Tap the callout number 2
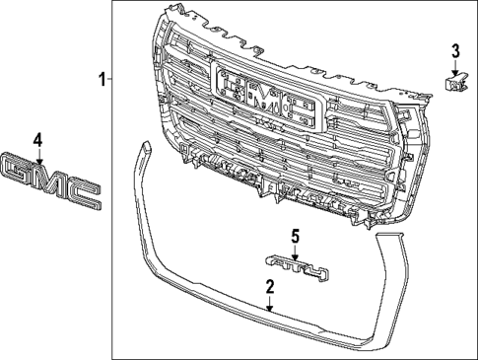269,286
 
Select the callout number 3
455,51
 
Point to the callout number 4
37,139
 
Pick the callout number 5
294,236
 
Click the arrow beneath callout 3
455,68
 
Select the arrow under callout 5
294,251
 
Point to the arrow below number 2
269,303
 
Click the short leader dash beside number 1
111,78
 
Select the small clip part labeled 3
456,85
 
